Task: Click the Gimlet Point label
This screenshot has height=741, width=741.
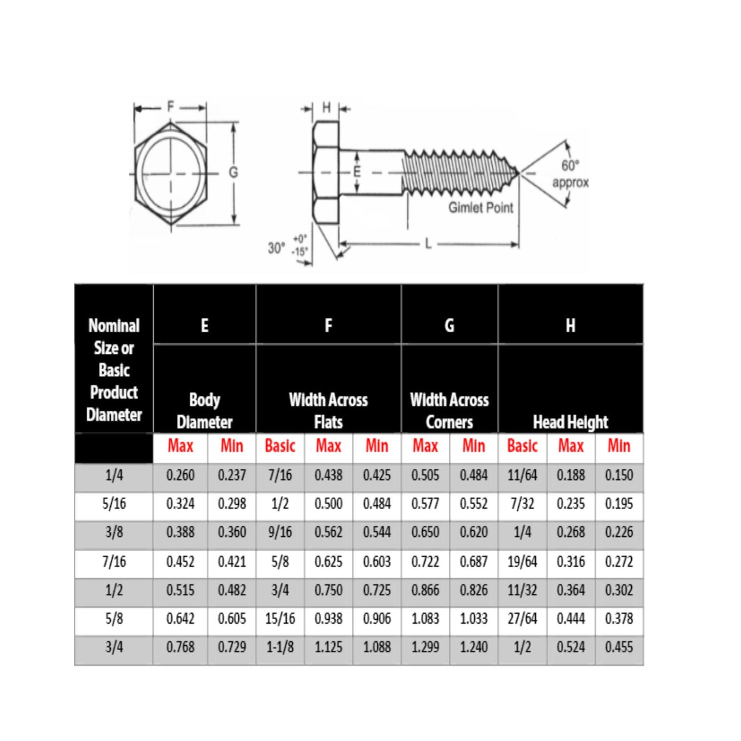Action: tap(480, 208)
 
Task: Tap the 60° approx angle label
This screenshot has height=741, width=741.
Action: tap(570, 174)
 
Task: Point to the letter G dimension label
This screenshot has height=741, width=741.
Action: tap(233, 172)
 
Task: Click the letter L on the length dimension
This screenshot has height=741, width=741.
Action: tap(428, 244)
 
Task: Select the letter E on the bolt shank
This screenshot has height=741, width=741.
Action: tap(357, 172)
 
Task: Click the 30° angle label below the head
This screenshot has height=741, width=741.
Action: tap(276, 248)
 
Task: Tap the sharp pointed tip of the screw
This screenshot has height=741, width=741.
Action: tap(518, 173)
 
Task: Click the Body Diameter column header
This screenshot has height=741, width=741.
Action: tap(205, 411)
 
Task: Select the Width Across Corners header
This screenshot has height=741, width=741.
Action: tap(449, 411)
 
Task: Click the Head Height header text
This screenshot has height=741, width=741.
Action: tap(570, 422)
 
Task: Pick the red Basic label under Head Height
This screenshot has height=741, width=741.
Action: tap(522, 446)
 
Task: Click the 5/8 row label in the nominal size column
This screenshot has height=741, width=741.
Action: tap(114, 618)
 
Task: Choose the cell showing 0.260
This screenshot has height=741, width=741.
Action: tap(181, 475)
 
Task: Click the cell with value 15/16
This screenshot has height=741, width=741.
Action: tap(280, 618)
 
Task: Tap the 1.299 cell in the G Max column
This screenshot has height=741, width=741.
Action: tap(425, 647)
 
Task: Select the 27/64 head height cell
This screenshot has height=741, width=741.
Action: tap(522, 618)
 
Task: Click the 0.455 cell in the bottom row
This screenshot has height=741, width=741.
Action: tap(619, 647)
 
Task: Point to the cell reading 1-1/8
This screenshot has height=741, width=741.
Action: tap(280, 647)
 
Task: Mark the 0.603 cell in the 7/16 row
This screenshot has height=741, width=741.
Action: tap(377, 562)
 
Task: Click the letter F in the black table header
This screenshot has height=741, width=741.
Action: tap(328, 326)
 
